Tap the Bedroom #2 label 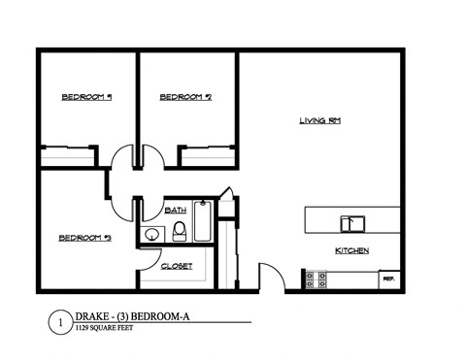[185, 97]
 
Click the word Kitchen [351, 250]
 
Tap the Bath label [176, 210]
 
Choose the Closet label [177, 266]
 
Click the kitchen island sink [351, 223]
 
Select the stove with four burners [316, 279]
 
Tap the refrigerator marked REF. [390, 278]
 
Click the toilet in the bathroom [180, 231]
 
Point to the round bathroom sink [152, 233]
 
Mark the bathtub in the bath [203, 221]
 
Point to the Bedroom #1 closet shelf [68, 147]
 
